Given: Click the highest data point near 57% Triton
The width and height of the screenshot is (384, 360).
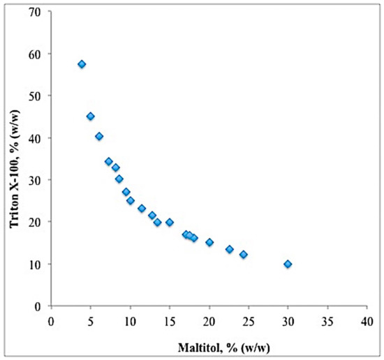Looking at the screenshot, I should (x=82, y=64).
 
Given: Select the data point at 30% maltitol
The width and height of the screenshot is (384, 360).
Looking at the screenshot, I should (x=288, y=264).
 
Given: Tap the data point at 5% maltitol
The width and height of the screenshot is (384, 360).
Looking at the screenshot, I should (x=90, y=117).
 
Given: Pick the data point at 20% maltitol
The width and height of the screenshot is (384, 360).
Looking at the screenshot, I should (x=209, y=242).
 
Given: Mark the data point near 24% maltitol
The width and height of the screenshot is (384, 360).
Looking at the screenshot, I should (x=244, y=255).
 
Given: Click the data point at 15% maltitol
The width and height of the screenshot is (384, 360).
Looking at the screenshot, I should (x=170, y=223).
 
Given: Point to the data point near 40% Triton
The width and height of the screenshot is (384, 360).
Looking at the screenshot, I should (x=99, y=137).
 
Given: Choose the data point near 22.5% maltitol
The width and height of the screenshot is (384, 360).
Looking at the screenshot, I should (x=230, y=249).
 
